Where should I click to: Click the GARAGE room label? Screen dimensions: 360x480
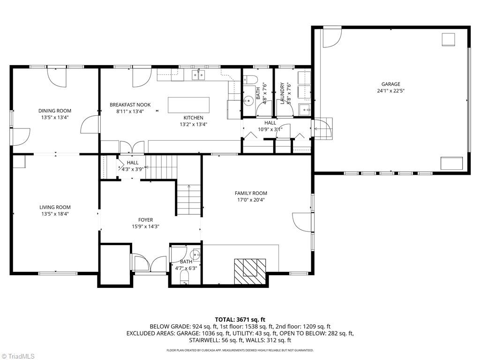point(390,84)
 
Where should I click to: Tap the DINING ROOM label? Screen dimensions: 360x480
point(55,111)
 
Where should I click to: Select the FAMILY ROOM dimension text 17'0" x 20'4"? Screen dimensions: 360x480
point(251,200)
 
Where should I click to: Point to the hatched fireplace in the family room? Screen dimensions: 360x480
point(250,271)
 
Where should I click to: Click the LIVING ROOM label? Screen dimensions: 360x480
point(55,207)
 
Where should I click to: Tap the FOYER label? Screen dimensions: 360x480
point(145,220)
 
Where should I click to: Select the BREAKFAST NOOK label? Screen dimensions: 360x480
point(130,105)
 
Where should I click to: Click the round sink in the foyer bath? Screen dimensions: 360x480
point(196,255)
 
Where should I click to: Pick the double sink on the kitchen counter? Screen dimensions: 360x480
point(199,75)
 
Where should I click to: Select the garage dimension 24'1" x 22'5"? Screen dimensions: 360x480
point(390,91)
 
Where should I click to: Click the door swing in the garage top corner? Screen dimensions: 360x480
point(331,37)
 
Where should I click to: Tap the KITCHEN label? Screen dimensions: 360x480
point(193,118)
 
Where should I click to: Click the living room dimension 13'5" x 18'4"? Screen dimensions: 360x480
point(55,214)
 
